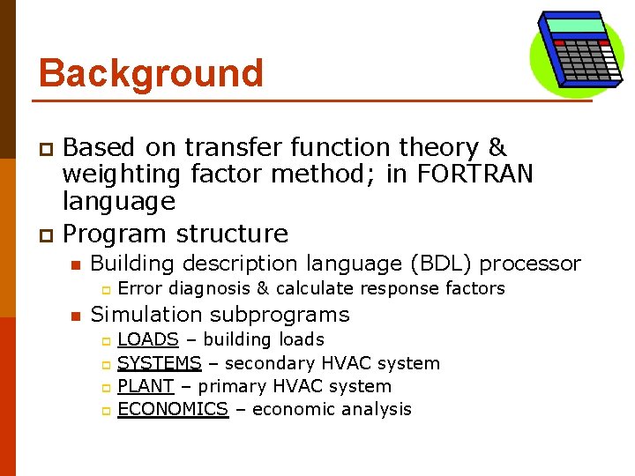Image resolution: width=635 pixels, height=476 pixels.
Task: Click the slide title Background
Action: coord(151,73)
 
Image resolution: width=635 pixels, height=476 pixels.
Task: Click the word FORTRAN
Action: coord(475,175)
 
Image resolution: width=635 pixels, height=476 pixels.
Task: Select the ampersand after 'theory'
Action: coord(497,147)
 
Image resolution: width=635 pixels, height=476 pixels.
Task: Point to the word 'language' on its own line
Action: coord(119,202)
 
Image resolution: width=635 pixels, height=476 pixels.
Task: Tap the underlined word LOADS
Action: coord(148,339)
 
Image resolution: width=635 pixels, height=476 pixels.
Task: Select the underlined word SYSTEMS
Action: coord(160,363)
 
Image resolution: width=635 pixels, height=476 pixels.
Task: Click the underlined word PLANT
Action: coord(146,386)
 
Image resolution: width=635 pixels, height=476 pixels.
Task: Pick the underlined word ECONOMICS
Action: coord(173,409)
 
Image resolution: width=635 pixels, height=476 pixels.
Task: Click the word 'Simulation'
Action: coord(146,315)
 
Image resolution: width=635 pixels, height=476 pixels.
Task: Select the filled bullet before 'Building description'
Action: coord(76,264)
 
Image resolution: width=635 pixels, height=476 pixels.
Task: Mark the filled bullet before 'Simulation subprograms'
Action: coord(76,316)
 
